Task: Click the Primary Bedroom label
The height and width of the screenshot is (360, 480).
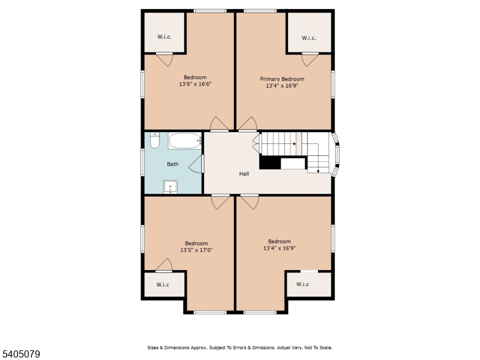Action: pyautogui.click(x=282, y=79)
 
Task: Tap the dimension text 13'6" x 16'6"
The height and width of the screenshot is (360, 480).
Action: pyautogui.click(x=195, y=85)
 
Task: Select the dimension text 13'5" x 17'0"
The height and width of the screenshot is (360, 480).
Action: pyautogui.click(x=196, y=250)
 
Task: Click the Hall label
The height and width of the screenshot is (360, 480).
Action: pyautogui.click(x=244, y=174)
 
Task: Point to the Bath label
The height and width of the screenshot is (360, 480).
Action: pyautogui.click(x=172, y=164)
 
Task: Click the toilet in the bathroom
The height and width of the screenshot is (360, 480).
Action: pyautogui.click(x=155, y=141)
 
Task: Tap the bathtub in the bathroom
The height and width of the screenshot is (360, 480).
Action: pyautogui.click(x=184, y=141)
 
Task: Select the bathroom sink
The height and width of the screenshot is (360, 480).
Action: pyautogui.click(x=171, y=187)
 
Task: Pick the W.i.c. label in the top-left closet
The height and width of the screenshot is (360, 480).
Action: pyautogui.click(x=165, y=37)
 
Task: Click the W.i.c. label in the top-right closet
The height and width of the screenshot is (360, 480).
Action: pyautogui.click(x=309, y=38)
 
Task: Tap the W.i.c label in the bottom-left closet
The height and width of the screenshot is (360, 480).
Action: pyautogui.click(x=163, y=284)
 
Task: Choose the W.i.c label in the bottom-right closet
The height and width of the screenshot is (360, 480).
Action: pyautogui.click(x=302, y=284)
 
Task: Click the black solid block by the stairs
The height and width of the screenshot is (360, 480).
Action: pyautogui.click(x=269, y=163)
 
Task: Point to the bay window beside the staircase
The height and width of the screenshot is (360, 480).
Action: pyautogui.click(x=337, y=155)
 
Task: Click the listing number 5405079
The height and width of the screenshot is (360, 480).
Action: pyautogui.click(x=21, y=355)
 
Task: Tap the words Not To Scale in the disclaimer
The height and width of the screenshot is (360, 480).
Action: pyautogui.click(x=319, y=347)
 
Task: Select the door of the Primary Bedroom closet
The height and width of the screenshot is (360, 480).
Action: pyautogui.click(x=310, y=59)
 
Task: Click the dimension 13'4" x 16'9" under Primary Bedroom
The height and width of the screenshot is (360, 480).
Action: pyautogui.click(x=282, y=86)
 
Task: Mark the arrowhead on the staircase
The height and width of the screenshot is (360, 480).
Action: pyautogui.click(x=317, y=170)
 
